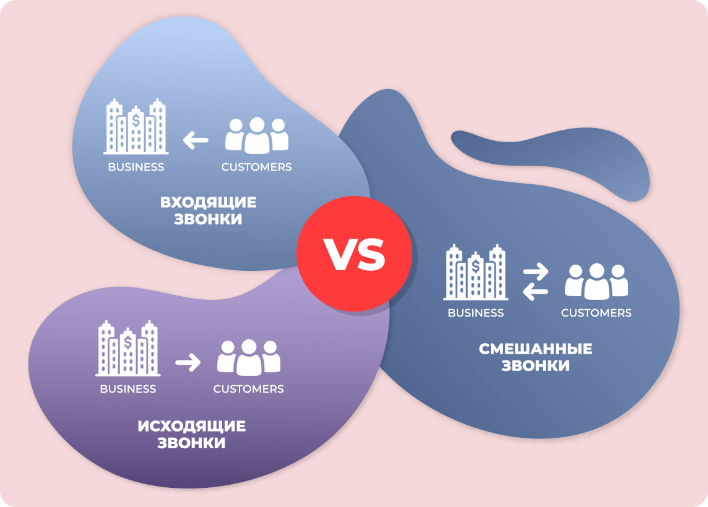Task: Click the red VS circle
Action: point(355,253)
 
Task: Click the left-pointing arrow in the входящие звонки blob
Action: point(196,140)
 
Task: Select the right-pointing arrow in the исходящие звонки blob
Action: point(188,362)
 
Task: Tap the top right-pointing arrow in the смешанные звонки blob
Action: point(535,272)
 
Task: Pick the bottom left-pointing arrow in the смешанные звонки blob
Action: point(535,292)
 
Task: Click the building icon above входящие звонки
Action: point(136,126)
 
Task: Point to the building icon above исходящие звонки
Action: point(127,348)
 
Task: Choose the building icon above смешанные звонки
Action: point(476,272)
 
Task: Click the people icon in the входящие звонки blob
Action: point(257,135)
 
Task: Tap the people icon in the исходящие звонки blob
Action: point(249,357)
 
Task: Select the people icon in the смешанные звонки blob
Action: point(597,281)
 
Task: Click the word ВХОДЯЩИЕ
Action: point(208,202)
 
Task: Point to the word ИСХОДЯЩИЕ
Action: point(191,426)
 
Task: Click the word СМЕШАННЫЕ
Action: point(535,349)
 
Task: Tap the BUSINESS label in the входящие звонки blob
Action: point(136,167)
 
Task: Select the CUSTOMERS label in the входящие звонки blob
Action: point(256,167)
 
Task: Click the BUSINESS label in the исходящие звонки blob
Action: point(127,389)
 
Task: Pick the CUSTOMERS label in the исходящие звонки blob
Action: point(248,389)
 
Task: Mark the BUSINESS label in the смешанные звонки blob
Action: point(475,313)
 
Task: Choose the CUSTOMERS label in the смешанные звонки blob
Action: point(596,313)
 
